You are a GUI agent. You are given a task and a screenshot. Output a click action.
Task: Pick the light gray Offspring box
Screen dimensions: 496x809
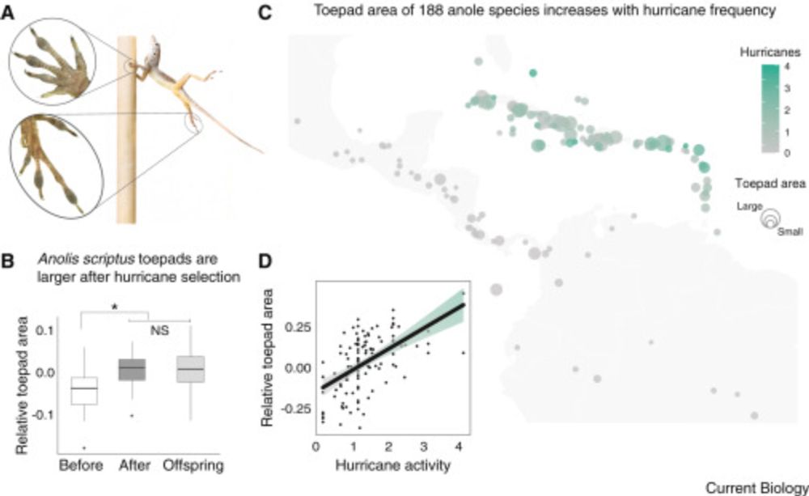pos(192,369)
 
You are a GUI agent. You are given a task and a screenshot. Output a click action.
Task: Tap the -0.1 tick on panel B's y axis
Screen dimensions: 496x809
pos(48,415)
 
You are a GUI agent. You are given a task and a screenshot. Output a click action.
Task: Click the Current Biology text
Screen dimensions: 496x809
pos(756,487)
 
